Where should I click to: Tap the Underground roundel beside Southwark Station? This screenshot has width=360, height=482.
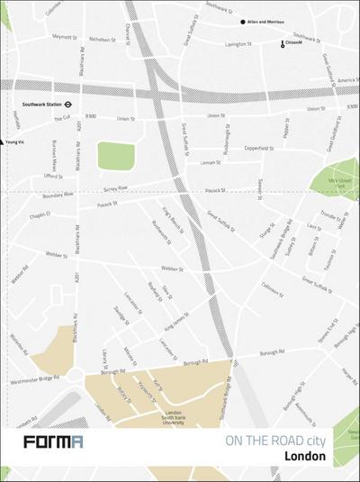80,103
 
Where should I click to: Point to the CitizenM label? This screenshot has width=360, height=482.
297,44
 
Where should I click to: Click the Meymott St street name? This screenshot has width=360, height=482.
65,37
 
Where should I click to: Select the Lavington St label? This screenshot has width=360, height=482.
237,44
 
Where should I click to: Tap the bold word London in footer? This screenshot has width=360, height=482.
304,456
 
